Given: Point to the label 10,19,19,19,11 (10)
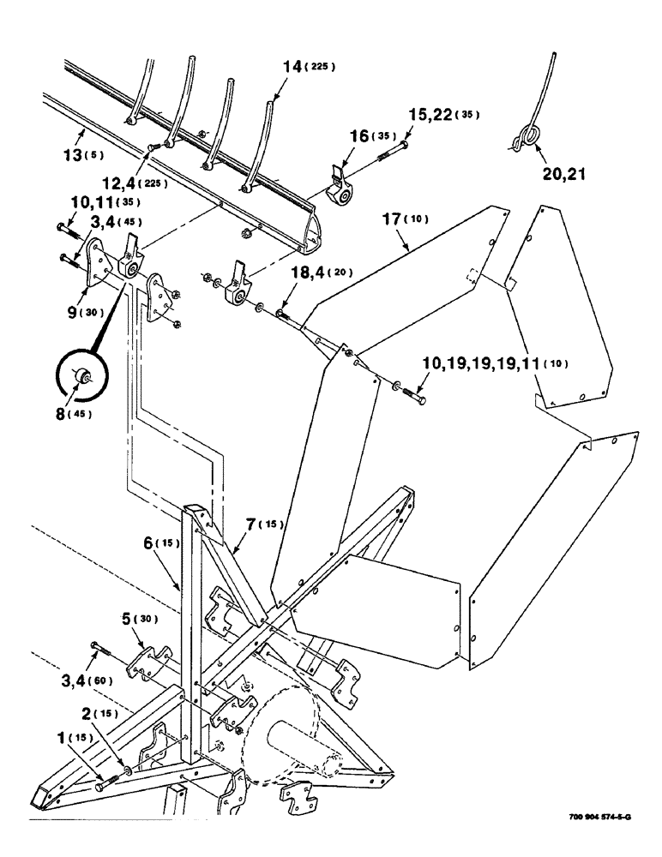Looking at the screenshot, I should point(495,364).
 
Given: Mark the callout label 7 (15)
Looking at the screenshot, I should point(263,524).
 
